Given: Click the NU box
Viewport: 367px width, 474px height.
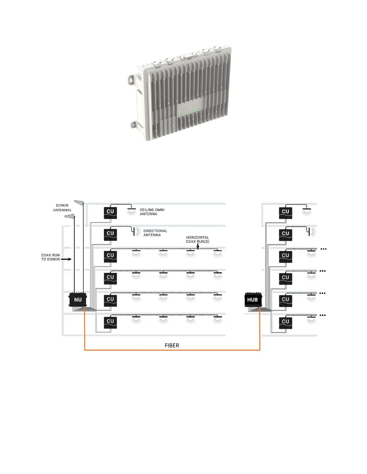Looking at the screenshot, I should point(78,300).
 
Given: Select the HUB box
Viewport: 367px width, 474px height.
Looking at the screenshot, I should point(253,300).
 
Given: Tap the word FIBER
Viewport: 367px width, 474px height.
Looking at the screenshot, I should point(172,345).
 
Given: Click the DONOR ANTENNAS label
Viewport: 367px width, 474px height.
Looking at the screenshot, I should point(62,208).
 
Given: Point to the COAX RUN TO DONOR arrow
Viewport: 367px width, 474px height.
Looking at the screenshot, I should point(66,259).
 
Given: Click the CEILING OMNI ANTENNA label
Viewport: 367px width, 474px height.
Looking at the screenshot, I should point(152,212).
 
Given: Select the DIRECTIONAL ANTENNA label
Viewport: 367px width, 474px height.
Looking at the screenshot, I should point(155,233).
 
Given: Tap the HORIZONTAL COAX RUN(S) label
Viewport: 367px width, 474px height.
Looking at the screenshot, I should point(197,239).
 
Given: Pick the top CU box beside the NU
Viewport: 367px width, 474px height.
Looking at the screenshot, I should point(110,212).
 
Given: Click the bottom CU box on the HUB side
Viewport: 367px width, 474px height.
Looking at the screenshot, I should point(285,322).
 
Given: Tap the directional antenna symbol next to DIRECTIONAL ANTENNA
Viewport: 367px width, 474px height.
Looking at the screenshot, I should point(134,232).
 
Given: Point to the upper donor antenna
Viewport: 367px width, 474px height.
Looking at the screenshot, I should point(79,203).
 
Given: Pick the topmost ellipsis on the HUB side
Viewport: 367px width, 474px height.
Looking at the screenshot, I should point(324,249).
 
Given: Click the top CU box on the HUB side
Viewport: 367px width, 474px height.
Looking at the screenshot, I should point(285,212).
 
